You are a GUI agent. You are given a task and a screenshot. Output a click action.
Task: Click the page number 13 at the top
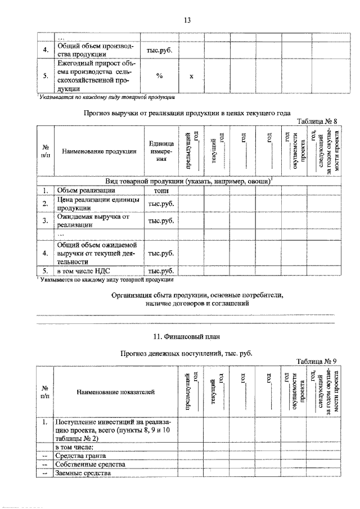click(187, 21)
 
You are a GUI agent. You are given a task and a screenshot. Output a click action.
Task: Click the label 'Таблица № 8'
click(318, 121)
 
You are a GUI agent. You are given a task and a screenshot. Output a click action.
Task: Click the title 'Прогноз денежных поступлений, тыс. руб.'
click(186, 353)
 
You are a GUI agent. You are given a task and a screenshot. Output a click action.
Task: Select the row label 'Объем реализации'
click(84, 191)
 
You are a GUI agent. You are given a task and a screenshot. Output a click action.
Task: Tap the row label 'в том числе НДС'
click(83, 271)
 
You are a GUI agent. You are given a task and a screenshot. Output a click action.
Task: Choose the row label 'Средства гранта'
click(80, 456)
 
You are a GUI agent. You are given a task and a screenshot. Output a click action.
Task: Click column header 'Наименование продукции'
click(99, 151)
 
